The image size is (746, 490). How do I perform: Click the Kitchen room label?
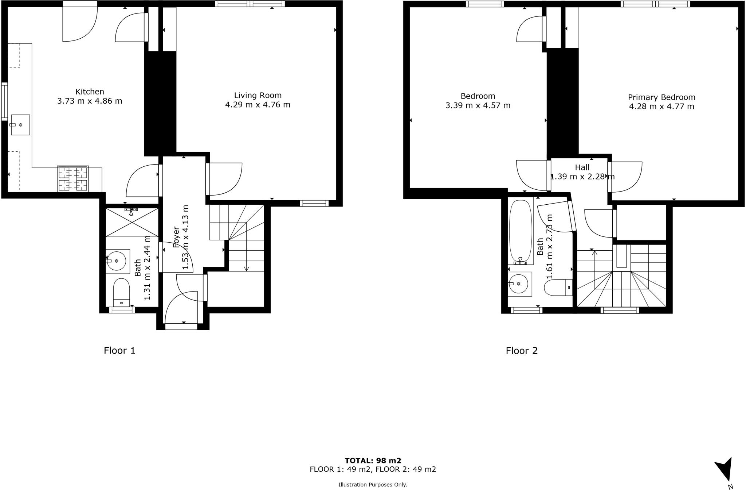tap(90, 92)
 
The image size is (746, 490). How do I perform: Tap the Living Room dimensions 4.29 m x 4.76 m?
tap(258, 105)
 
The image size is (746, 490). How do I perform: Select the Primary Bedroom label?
tap(661, 97)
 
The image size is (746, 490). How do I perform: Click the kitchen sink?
tap(20, 125)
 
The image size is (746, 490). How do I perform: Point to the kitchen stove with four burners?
tap(73, 178)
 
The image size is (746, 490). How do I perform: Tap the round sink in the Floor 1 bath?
tap(117, 261)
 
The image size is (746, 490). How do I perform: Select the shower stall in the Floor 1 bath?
tap(132, 222)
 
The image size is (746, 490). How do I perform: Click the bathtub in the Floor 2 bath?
tap(521, 232)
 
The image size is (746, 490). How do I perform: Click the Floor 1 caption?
tap(119, 351)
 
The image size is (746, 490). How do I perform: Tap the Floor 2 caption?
tap(522, 351)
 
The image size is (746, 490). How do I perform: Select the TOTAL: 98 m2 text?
tap(373, 461)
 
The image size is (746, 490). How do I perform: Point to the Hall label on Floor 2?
tap(582, 167)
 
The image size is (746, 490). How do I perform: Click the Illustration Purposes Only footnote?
tap(373, 485)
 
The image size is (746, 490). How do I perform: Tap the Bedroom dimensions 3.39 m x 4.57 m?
tap(478, 106)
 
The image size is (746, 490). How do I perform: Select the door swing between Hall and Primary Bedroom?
tap(626, 177)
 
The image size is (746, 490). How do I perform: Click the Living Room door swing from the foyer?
tap(224, 179)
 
